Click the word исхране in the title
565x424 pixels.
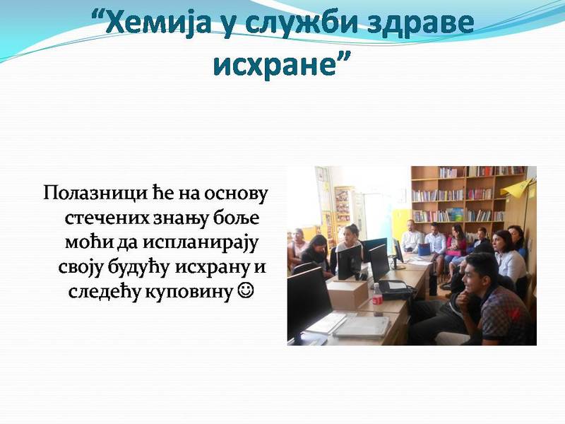click(275, 64)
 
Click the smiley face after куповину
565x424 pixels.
click(246, 290)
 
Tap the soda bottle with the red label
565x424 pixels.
click(377, 300)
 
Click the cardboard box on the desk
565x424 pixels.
click(347, 293)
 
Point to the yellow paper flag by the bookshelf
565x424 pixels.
click(517, 188)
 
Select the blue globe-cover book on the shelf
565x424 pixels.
click(455, 215)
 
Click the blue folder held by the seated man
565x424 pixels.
click(424, 249)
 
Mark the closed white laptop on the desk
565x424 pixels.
click(362, 326)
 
